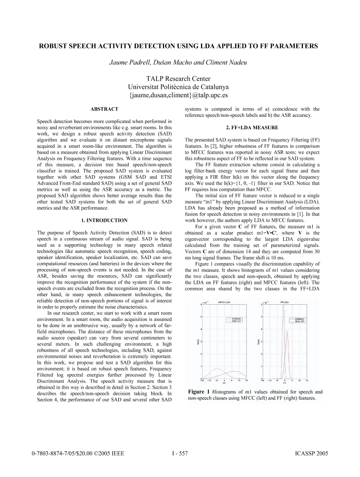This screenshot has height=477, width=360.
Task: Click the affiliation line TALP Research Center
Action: click(180, 79)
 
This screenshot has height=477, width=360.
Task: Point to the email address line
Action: click(180, 95)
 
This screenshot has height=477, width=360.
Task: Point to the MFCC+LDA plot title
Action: click(224, 302)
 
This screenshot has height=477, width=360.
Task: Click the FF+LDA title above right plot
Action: click(286, 302)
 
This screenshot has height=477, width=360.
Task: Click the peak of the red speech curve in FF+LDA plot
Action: click(287, 332)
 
